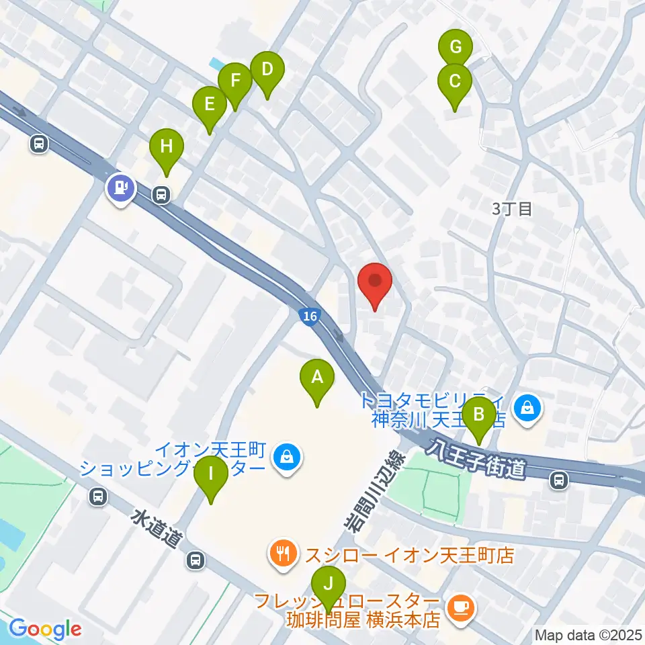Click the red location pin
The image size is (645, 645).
pos(375,284)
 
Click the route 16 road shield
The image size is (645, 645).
pos(309,316)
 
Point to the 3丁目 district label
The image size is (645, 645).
pos(511,208)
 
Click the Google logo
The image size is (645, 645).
pos(45,629)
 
